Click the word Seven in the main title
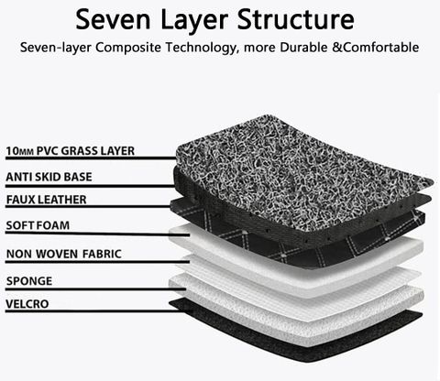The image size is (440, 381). [113, 19]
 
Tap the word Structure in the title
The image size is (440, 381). [295, 19]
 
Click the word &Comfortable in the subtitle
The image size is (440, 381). [375, 48]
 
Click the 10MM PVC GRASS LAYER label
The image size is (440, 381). [71, 151]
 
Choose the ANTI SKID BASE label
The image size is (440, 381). [49, 177]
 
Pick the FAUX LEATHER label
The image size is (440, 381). [47, 200]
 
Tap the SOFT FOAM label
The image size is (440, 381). [38, 225]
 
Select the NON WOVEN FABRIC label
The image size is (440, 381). [64, 254]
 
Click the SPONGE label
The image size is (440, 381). [29, 281]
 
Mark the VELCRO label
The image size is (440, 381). [27, 304]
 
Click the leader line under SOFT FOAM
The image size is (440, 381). [98, 234]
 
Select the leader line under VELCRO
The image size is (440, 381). [99, 311]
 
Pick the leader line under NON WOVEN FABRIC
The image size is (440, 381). [97, 262]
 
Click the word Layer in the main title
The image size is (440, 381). [194, 20]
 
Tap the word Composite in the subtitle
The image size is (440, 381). [128, 48]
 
